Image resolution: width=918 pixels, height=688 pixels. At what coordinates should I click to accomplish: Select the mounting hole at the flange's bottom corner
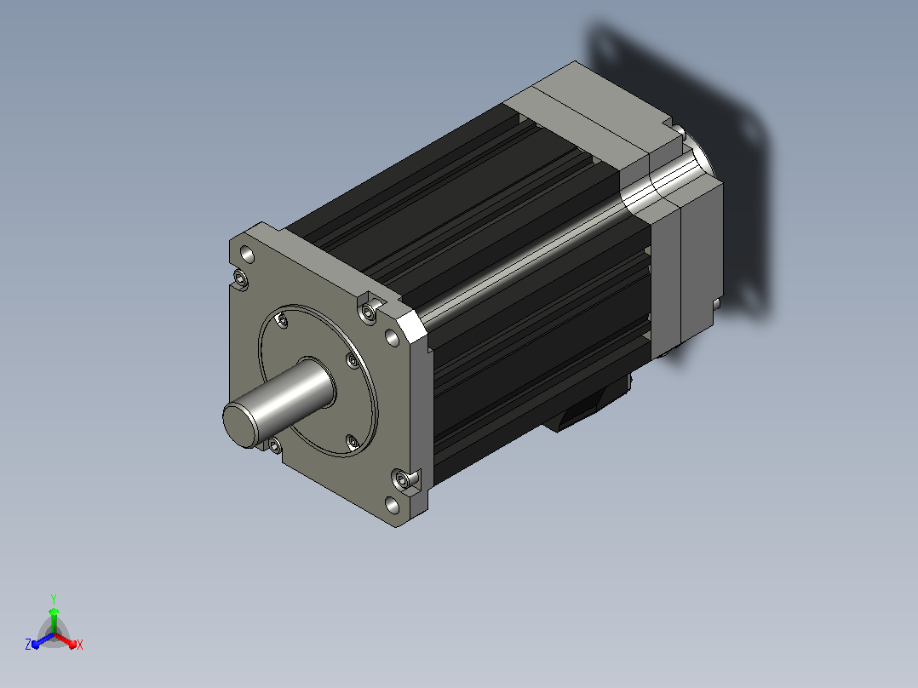click(x=393, y=505)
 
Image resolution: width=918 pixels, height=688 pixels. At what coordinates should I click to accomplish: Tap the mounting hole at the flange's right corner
click(x=392, y=337)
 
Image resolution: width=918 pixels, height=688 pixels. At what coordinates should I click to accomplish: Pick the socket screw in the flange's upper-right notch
click(x=368, y=312)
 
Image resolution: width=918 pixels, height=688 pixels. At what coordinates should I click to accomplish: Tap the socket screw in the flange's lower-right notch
click(x=402, y=480)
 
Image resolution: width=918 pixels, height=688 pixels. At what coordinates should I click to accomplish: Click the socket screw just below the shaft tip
click(x=274, y=446)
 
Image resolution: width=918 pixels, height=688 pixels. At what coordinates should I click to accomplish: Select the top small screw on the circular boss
click(x=282, y=320)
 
